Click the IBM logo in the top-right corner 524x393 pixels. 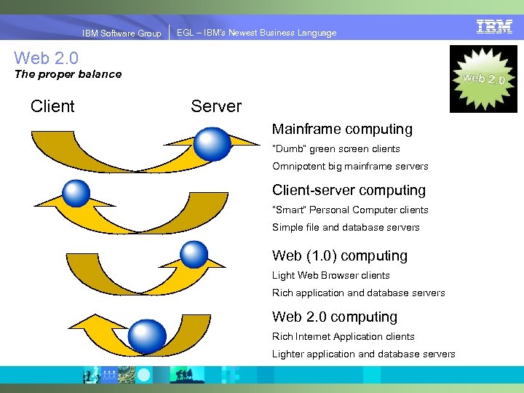pyautogui.click(x=494, y=27)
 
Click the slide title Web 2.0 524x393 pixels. pyautogui.click(x=46, y=57)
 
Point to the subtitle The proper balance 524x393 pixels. pyautogui.click(x=68, y=74)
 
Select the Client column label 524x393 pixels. pyautogui.click(x=52, y=106)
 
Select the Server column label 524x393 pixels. pyautogui.click(x=216, y=106)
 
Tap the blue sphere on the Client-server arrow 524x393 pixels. pyautogui.click(x=76, y=193)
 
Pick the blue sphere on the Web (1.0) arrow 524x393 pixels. pyautogui.click(x=194, y=254)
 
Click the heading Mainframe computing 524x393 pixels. pyautogui.click(x=342, y=130)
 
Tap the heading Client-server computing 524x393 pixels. pyautogui.click(x=349, y=191)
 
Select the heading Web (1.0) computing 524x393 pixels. pyautogui.click(x=340, y=256)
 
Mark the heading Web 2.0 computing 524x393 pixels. pyautogui.click(x=335, y=317)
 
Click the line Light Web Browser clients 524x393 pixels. pyautogui.click(x=331, y=276)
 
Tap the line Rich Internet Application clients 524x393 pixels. pyautogui.click(x=344, y=337)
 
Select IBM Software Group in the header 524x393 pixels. pyautogui.click(x=122, y=33)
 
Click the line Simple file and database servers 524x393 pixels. pyautogui.click(x=346, y=228)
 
